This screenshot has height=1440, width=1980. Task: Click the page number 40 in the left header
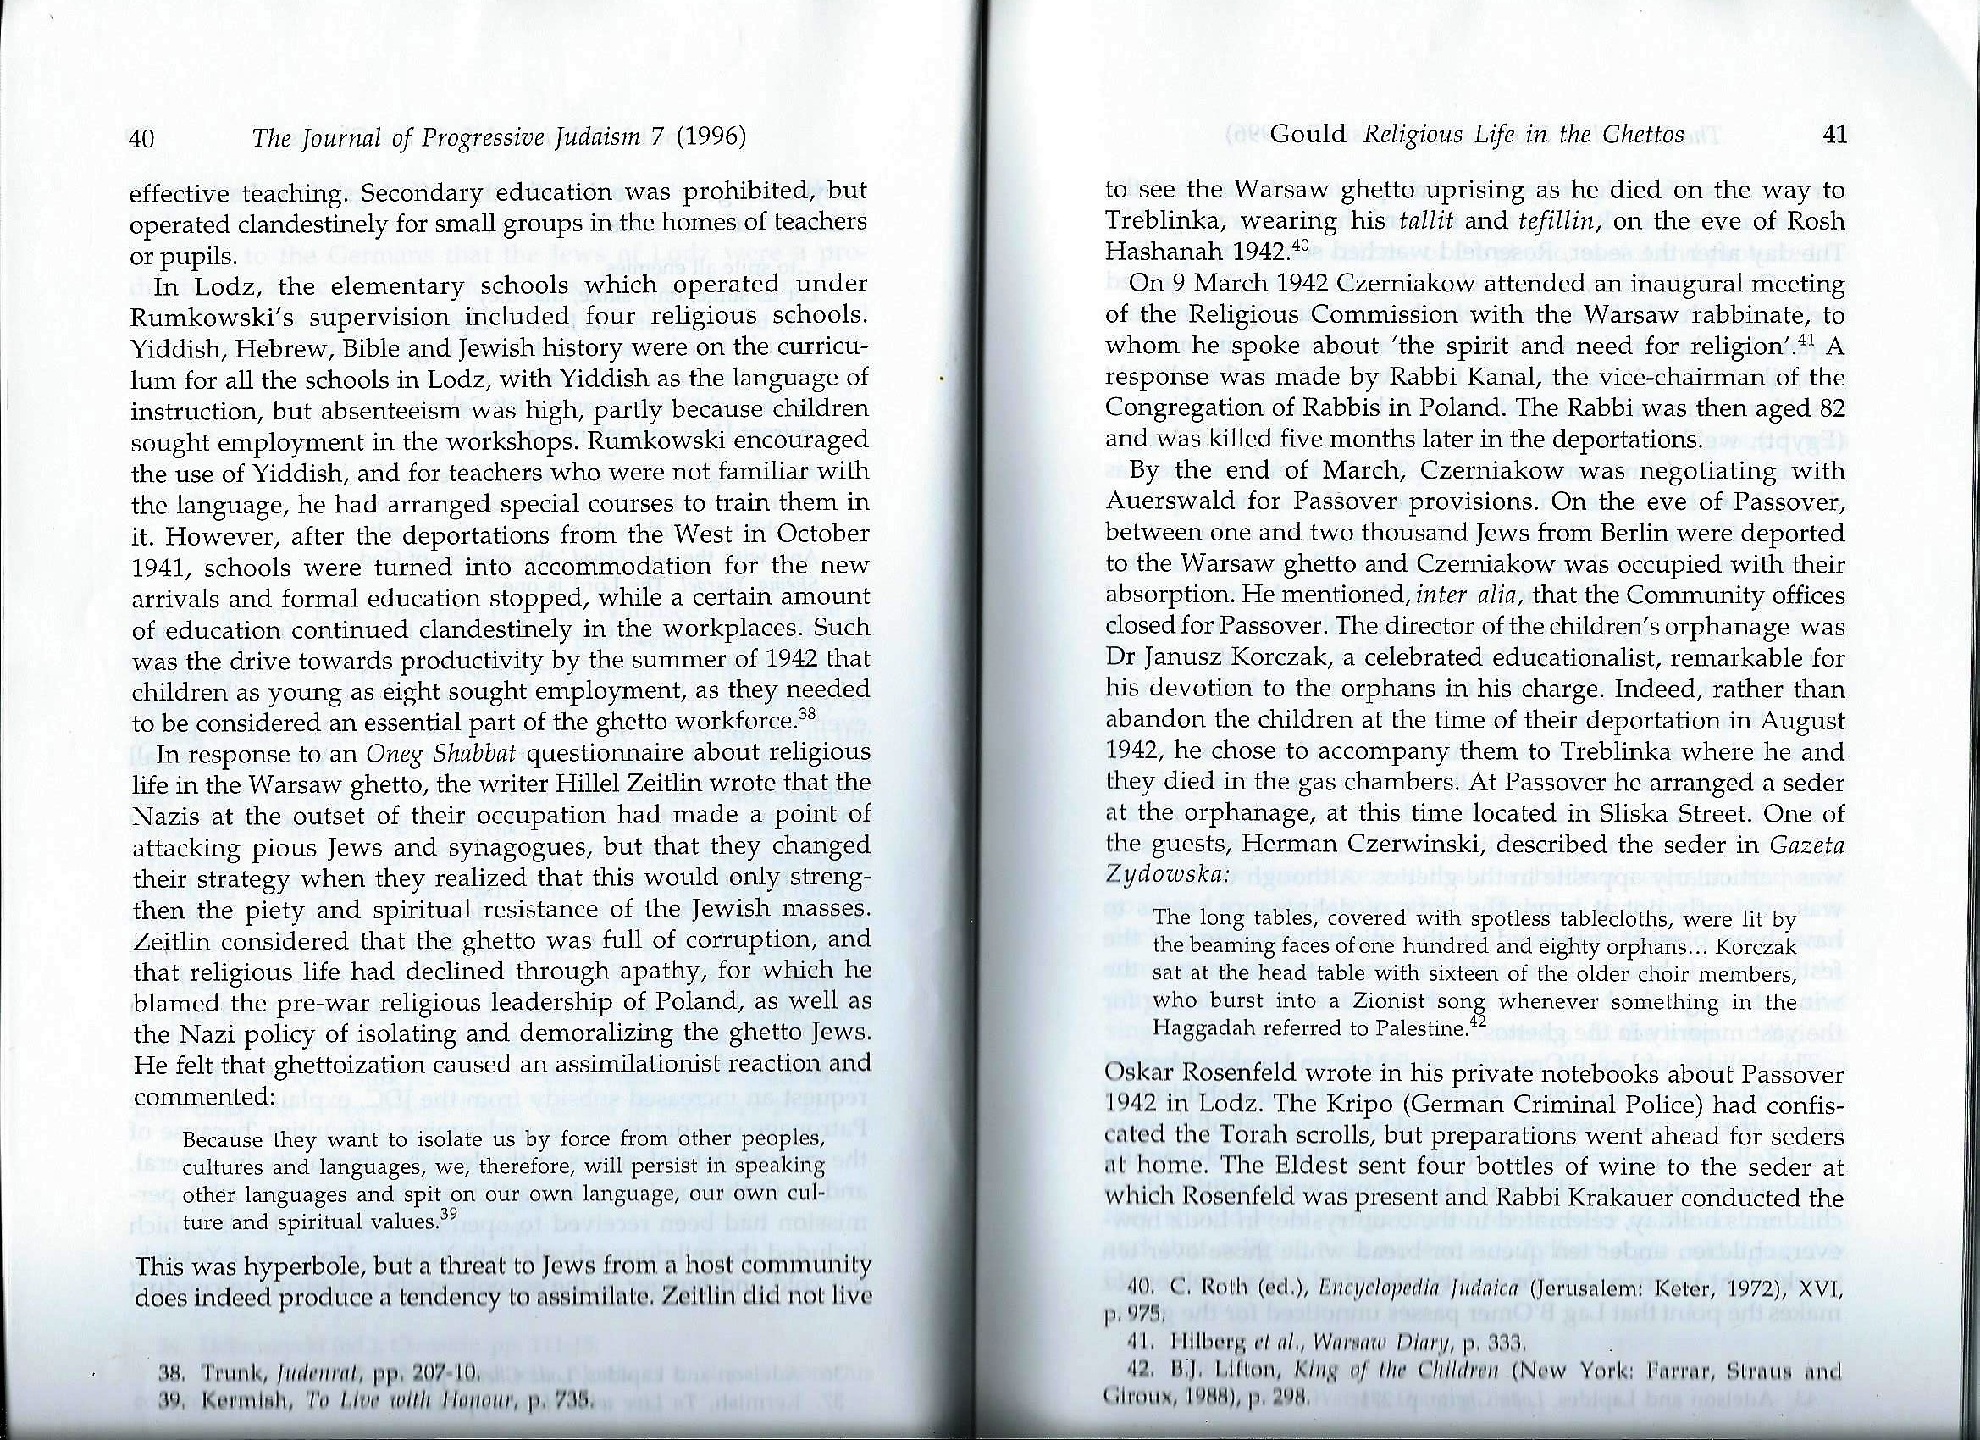point(141,138)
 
